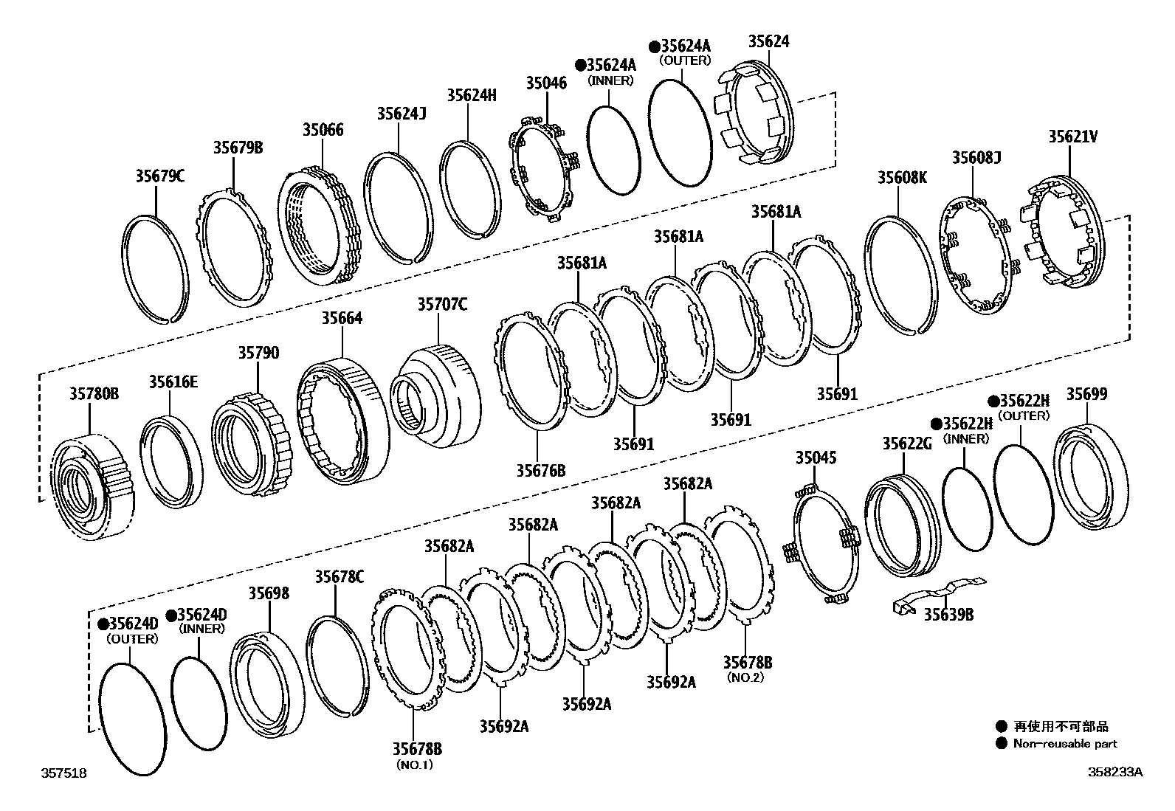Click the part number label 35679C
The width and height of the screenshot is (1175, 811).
point(159,176)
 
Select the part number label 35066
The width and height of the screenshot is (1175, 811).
point(323,130)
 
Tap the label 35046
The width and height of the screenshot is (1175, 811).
point(546,83)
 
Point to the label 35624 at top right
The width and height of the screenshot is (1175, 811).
point(768,41)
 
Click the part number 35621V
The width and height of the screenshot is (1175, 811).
point(1072,137)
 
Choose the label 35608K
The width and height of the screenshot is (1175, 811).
point(901,177)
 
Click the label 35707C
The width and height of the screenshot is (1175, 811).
point(442,304)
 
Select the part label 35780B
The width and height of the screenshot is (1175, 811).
point(94,393)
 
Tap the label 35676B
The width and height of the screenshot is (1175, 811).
point(540,469)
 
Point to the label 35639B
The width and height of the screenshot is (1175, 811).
point(948,614)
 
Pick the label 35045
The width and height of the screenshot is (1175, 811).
point(816,458)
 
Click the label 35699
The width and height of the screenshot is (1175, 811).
point(1086,394)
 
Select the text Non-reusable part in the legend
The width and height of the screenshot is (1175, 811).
point(1064,744)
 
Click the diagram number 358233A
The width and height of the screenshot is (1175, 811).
point(1115,772)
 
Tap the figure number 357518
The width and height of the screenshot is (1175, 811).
point(63,773)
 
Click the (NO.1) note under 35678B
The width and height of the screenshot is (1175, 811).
point(417,765)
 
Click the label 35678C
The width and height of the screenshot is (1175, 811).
point(340,576)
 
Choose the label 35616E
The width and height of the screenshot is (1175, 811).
point(173,382)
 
